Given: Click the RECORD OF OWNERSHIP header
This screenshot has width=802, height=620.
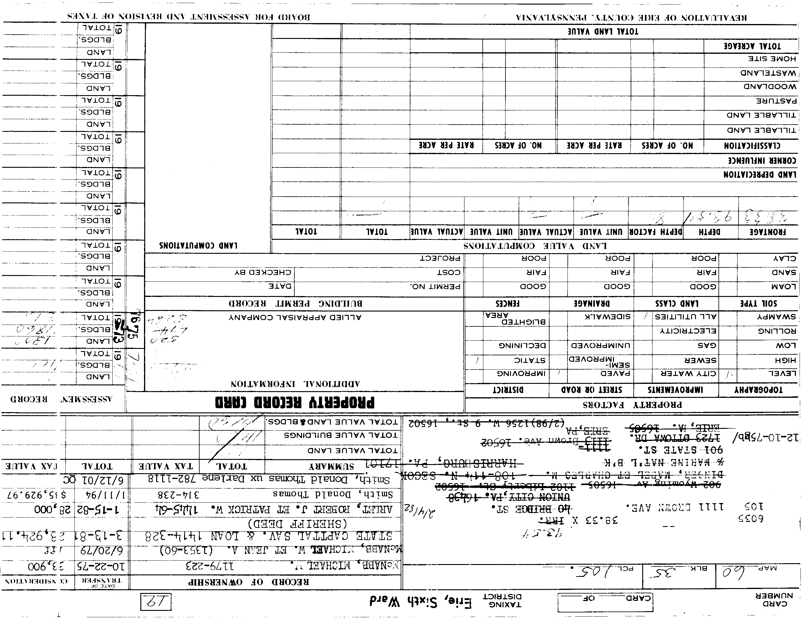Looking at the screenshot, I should point(248,582).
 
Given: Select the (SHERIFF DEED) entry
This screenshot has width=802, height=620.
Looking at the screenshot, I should point(297,523).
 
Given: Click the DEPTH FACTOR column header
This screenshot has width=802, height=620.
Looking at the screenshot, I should point(656,232).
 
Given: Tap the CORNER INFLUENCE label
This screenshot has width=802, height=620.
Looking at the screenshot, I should point(762,160).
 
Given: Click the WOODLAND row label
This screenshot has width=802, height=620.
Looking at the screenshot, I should point(770,87).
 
